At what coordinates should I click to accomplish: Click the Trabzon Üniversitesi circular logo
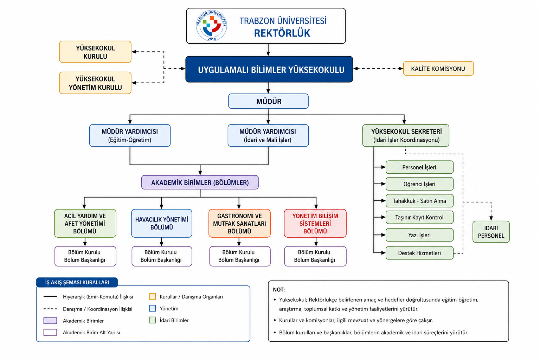click(211, 26)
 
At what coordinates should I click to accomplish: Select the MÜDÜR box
click(268, 101)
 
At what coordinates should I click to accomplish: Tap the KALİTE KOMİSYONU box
click(438, 69)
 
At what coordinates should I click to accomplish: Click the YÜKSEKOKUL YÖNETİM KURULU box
click(95, 83)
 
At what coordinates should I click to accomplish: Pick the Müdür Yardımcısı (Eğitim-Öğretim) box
click(130, 135)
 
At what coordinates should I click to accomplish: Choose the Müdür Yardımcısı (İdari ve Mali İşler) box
click(268, 135)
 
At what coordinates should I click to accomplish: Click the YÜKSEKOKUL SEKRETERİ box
click(406, 135)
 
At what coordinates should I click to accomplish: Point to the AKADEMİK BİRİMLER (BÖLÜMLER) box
click(200, 182)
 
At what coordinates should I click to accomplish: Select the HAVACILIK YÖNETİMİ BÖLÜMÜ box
click(161, 223)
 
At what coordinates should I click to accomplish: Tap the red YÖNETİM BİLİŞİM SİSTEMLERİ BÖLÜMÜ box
click(315, 223)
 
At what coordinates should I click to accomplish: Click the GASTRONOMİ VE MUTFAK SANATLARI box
click(239, 223)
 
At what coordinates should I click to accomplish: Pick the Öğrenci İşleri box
click(419, 184)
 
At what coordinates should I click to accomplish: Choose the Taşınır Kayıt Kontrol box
click(419, 217)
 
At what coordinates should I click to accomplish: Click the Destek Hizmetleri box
click(419, 253)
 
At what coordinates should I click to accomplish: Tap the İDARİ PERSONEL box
click(491, 232)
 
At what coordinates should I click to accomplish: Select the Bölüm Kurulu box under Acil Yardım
click(85, 256)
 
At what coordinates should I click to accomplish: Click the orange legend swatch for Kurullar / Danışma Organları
click(152, 297)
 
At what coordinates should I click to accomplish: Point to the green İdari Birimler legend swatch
click(152, 320)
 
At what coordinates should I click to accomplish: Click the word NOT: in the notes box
click(279, 290)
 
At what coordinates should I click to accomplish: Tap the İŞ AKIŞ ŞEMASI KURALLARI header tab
click(77, 282)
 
